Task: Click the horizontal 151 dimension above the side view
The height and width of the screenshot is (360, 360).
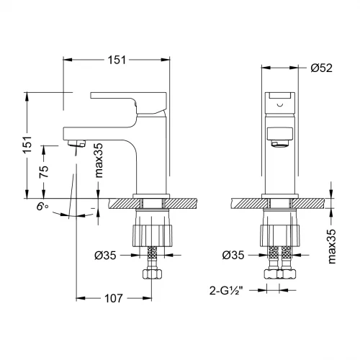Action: click(x=115, y=60)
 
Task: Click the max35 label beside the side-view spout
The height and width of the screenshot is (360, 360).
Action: click(x=99, y=160)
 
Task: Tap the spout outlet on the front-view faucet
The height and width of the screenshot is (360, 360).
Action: click(x=278, y=143)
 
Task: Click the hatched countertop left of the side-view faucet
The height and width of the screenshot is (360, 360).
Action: click(x=119, y=204)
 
